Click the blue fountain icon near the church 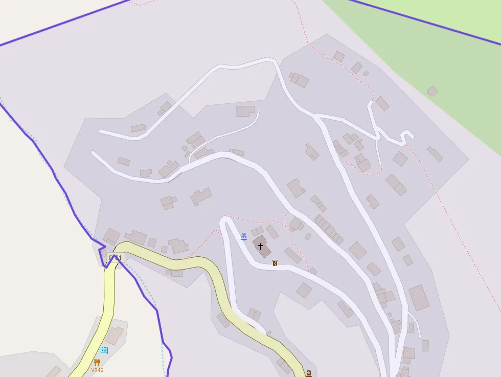click(x=244, y=236)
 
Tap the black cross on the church click(x=261, y=246)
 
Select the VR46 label click(x=97, y=370)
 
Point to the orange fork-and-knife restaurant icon click(x=97, y=363)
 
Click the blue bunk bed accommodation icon click(x=104, y=350)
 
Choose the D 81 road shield click(x=116, y=258)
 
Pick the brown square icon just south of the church click(x=275, y=263)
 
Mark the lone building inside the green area click(x=432, y=91)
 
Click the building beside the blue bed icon click(x=114, y=336)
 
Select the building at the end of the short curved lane click(x=245, y=110)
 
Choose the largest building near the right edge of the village click(x=419, y=298)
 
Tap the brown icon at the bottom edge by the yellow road click(x=308, y=373)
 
